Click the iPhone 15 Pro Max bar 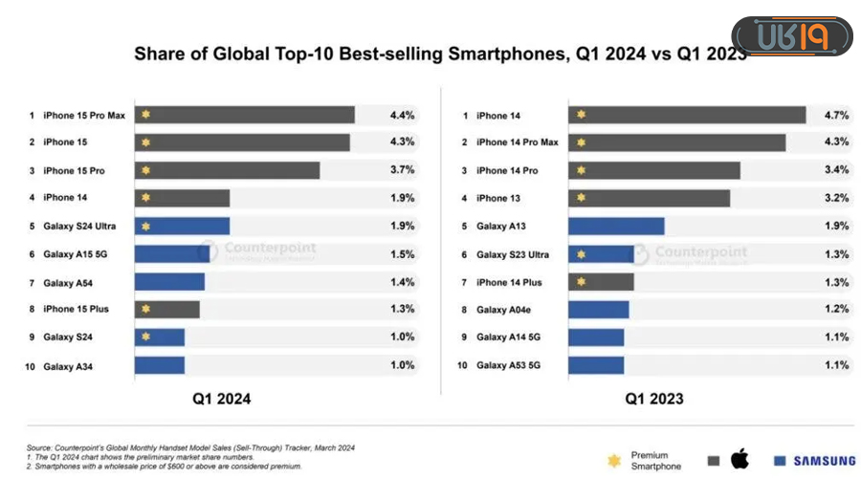tap(244, 115)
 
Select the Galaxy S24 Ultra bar tap(182, 226)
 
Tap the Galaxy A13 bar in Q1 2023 tap(615, 226)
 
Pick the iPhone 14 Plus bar tap(601, 282)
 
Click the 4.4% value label tap(402, 115)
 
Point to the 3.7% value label tap(402, 170)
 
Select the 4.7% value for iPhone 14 tap(836, 115)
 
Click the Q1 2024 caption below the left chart tap(222, 399)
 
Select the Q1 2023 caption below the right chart tap(654, 399)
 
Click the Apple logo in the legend tap(740, 460)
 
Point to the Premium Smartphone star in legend tap(613, 461)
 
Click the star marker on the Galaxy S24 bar tap(145, 337)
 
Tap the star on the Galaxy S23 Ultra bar tap(580, 254)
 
